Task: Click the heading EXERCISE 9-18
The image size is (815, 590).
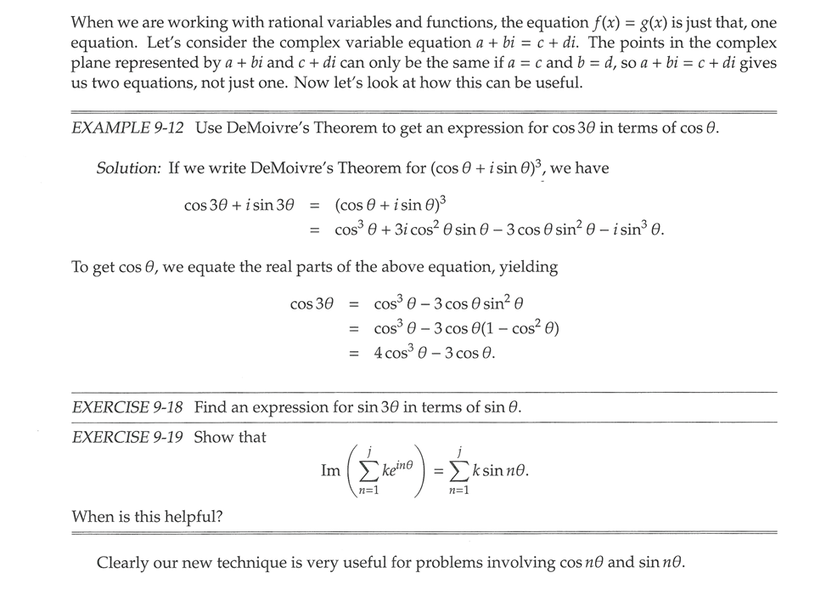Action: pyautogui.click(x=127, y=407)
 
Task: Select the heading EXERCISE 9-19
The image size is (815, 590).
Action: pyautogui.click(x=127, y=437)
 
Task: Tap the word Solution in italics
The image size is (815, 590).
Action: pyautogui.click(x=128, y=168)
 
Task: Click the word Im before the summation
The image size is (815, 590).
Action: pyautogui.click(x=331, y=470)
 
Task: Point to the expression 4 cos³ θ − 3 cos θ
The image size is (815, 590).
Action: pyautogui.click(x=434, y=352)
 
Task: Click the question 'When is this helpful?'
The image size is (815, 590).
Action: pyautogui.click(x=147, y=516)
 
